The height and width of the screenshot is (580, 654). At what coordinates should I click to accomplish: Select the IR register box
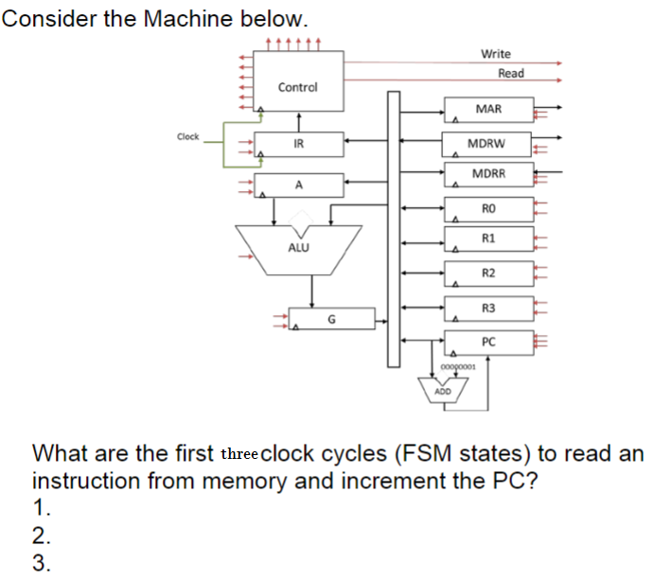coord(298,144)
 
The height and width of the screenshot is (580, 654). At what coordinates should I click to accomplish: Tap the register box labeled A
coord(298,185)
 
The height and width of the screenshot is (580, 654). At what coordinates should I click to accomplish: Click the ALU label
coord(298,247)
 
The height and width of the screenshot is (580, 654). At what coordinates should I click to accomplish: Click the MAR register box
coord(488,110)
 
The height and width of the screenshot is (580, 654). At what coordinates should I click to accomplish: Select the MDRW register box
coord(487,144)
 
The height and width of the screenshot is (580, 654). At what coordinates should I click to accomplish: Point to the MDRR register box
coord(488,174)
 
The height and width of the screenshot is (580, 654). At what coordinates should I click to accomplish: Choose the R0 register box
coord(488,208)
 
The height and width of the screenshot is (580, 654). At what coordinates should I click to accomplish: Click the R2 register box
coord(488,272)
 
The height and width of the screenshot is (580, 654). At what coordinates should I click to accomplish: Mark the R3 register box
coord(488,308)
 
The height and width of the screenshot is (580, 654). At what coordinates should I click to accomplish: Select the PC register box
coord(488,342)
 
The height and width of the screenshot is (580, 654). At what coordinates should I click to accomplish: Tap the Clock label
coord(188,137)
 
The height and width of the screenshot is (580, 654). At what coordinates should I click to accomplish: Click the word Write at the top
coord(495,54)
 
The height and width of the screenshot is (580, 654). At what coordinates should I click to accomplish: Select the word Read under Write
coord(511,73)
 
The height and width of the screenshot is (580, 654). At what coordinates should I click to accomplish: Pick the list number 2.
coord(41,536)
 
